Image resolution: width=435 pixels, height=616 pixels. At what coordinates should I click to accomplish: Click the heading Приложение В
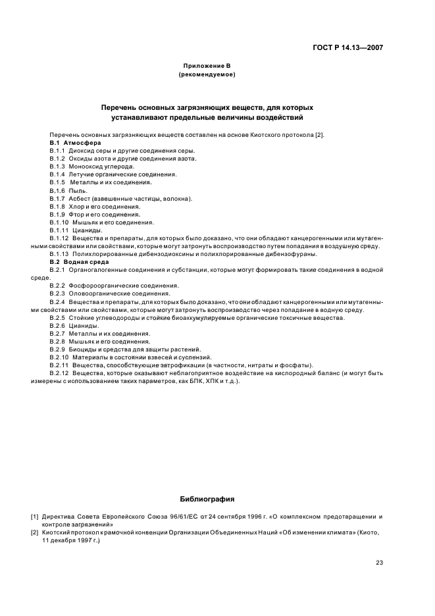(207, 66)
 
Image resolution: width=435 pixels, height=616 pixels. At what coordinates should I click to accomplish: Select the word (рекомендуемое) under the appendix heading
(207, 75)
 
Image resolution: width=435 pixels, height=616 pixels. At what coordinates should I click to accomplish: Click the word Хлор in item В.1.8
(76, 206)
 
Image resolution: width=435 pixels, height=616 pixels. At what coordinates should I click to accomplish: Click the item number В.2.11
(59, 365)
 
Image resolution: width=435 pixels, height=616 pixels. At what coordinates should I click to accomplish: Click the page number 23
(379, 563)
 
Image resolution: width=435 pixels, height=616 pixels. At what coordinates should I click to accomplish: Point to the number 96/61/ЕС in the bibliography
(192, 517)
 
